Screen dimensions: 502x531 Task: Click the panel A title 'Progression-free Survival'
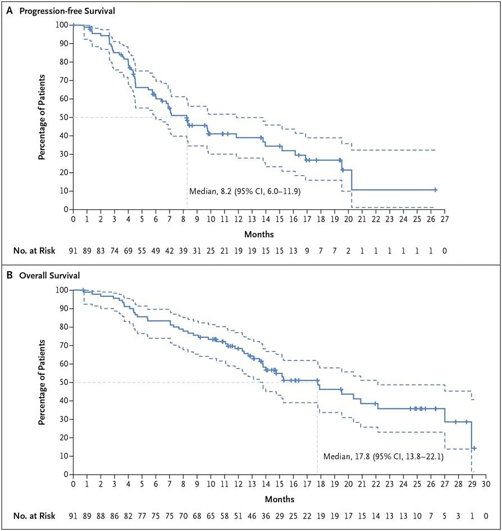tap(67, 11)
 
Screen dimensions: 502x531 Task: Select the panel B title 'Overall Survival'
tap(49, 275)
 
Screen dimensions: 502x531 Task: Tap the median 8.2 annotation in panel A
tap(245, 191)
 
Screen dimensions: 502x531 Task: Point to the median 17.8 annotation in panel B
tap(384, 457)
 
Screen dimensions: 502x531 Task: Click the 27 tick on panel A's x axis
tap(445, 219)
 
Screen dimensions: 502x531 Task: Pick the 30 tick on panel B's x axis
tap(486, 484)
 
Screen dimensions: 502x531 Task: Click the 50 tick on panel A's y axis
tap(64, 117)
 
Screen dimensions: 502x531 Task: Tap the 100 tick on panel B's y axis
tap(62, 290)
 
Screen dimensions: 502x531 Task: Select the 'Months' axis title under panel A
tap(259, 235)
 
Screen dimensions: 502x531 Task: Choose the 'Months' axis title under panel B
tap(280, 499)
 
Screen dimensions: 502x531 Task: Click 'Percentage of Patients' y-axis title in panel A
tap(42, 117)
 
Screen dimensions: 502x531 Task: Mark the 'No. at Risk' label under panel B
tap(34, 516)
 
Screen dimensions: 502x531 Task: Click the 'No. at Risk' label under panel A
tap(34, 251)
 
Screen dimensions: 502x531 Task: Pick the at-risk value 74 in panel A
tap(115, 251)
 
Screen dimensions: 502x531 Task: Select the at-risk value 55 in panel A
tap(142, 251)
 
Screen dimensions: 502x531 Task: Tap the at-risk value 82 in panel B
tap(128, 516)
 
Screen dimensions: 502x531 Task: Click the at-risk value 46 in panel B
tap(252, 516)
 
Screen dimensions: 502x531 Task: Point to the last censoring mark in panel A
tap(435, 190)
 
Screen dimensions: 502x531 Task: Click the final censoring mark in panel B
tap(474, 448)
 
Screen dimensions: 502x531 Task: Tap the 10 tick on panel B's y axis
tap(64, 456)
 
